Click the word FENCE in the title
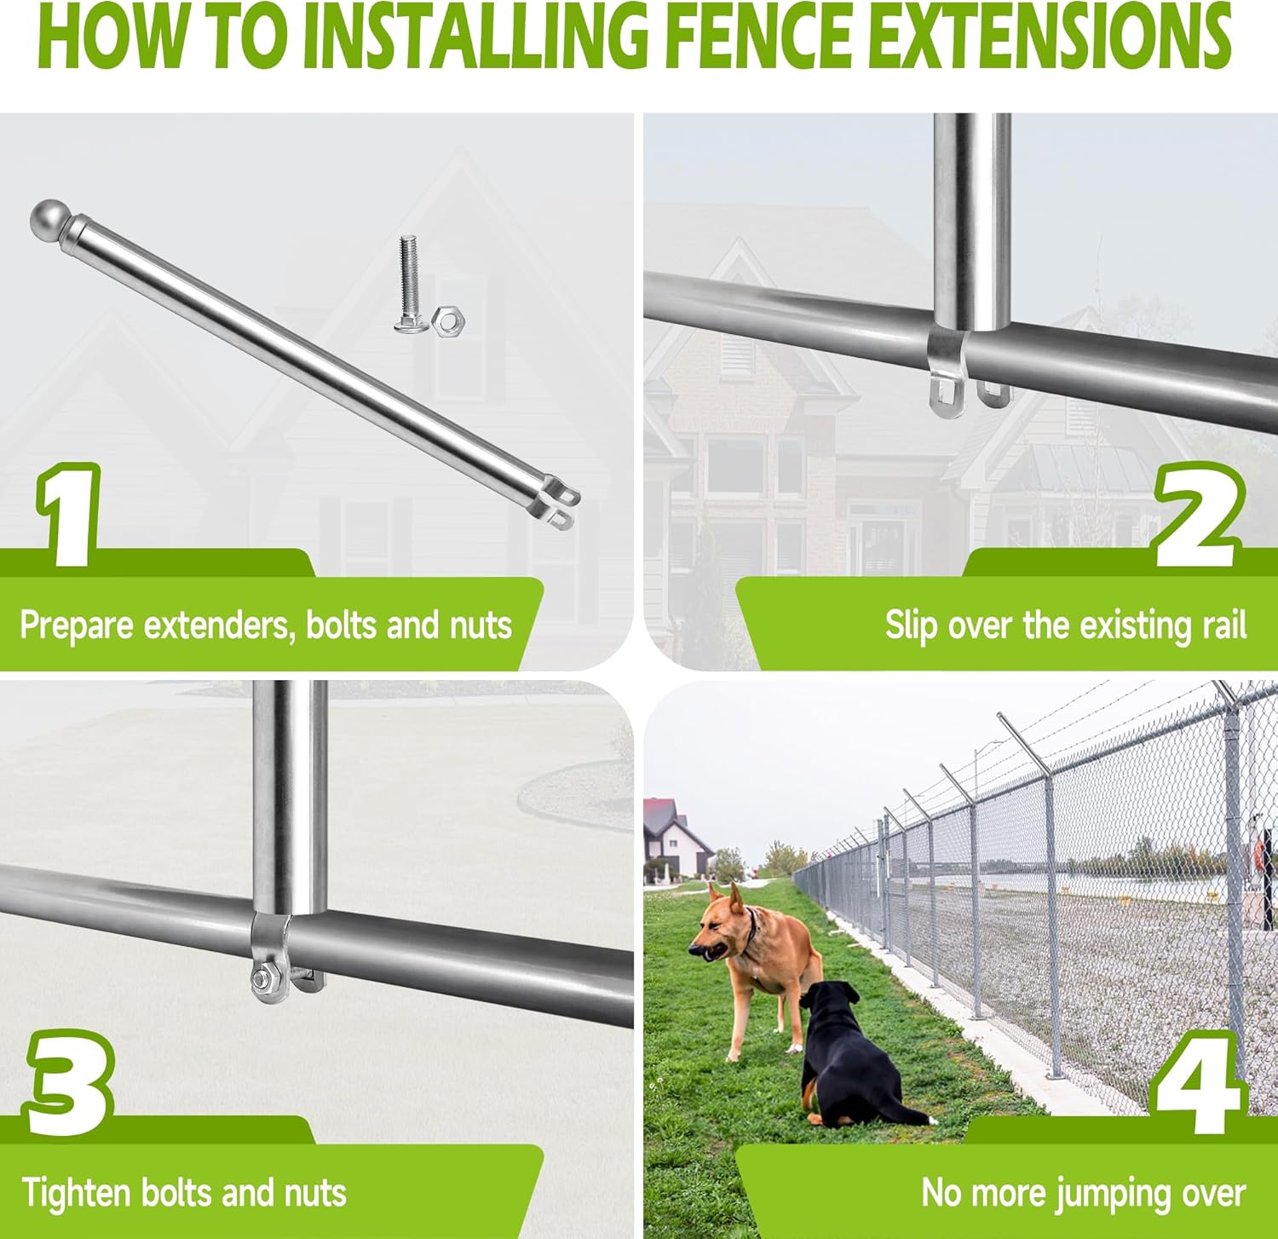pos(758,38)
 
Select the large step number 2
pos(1197,516)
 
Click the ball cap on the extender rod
pos(49,219)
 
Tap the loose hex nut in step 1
pos(447,321)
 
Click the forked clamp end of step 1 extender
pos(558,504)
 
